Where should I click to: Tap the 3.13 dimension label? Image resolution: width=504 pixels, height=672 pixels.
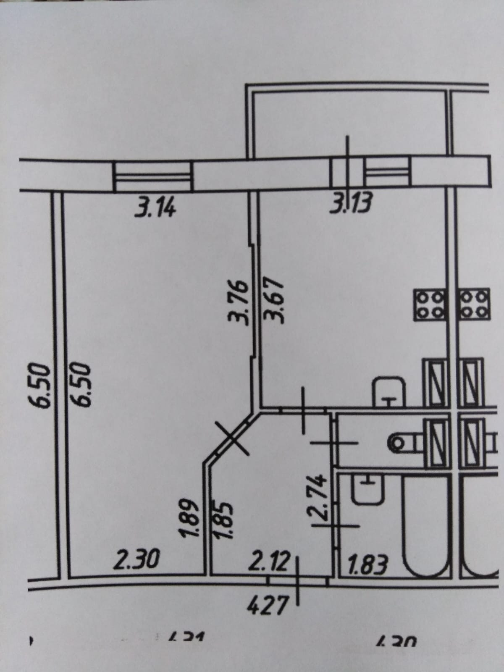(351, 205)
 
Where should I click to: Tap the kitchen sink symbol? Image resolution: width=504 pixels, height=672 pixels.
(389, 391)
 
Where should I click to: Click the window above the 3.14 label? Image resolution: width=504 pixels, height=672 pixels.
(153, 176)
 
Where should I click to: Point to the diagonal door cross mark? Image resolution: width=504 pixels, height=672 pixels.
(234, 438)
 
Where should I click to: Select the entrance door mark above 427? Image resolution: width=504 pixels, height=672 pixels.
(298, 581)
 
